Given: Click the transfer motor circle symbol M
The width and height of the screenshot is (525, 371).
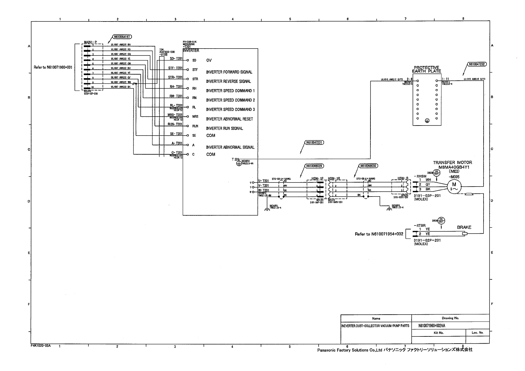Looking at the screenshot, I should pyautogui.click(x=454, y=187).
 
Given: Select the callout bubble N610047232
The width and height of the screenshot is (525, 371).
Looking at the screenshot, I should pyautogui.click(x=477, y=65).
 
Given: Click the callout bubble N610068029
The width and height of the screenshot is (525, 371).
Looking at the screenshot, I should pyautogui.click(x=314, y=166).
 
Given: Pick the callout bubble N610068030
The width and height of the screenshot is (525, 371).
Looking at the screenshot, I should pyautogui.click(x=369, y=166).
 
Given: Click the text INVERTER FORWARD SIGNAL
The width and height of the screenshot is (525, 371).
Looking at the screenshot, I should pyautogui.click(x=229, y=72).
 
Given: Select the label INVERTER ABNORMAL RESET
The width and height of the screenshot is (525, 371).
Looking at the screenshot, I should pyautogui.click(x=229, y=119).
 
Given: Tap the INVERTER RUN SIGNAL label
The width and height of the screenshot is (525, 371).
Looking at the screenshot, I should pyautogui.click(x=224, y=128).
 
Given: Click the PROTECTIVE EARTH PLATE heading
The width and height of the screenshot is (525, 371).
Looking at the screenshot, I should pyautogui.click(x=427, y=69).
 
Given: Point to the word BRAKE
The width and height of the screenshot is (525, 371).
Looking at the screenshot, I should pyautogui.click(x=464, y=227).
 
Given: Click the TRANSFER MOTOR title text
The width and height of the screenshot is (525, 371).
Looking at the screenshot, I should pyautogui.click(x=452, y=162).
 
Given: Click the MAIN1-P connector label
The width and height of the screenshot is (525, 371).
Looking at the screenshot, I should pyautogui.click(x=90, y=42).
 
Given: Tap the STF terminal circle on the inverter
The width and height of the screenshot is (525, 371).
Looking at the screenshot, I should pyautogui.click(x=188, y=69).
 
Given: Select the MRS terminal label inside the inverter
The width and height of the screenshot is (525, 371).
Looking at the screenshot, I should pyautogui.click(x=195, y=117).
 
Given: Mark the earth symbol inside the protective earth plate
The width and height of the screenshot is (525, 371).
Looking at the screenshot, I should pyautogui.click(x=427, y=121).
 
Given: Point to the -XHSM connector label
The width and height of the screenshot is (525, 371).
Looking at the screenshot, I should pyautogui.click(x=420, y=176).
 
